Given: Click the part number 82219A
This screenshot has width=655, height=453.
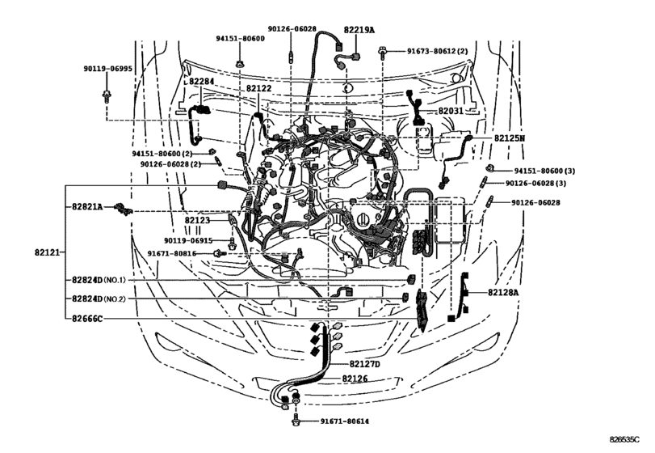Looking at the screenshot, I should pos(359,29).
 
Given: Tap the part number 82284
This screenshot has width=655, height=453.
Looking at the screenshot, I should pos(201,82).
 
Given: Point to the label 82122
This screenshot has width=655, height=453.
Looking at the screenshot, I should pos(258,88).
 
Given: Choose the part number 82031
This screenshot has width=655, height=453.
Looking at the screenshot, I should pos(451,111).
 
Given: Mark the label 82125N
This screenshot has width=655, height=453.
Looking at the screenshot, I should pos(510,138).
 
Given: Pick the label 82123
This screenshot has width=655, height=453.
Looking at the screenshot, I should pos(196,220).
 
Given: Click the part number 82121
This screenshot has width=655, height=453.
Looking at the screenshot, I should pos(48,253).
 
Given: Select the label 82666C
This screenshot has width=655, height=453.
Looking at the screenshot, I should pos(86,319).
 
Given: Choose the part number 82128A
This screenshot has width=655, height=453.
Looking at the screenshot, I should pos(504,292).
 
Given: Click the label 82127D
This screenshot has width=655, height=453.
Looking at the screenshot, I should pos(365,366).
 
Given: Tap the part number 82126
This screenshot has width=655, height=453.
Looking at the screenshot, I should pos(354,379).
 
